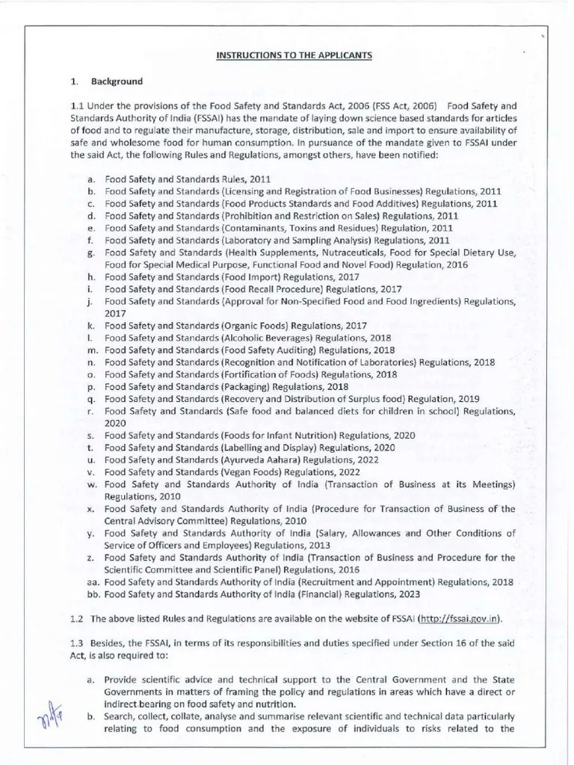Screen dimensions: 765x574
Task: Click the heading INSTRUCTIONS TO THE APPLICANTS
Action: (x=283, y=55)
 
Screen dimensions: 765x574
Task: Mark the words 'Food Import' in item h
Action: (x=250, y=276)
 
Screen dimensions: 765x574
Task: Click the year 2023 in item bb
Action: (x=407, y=594)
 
